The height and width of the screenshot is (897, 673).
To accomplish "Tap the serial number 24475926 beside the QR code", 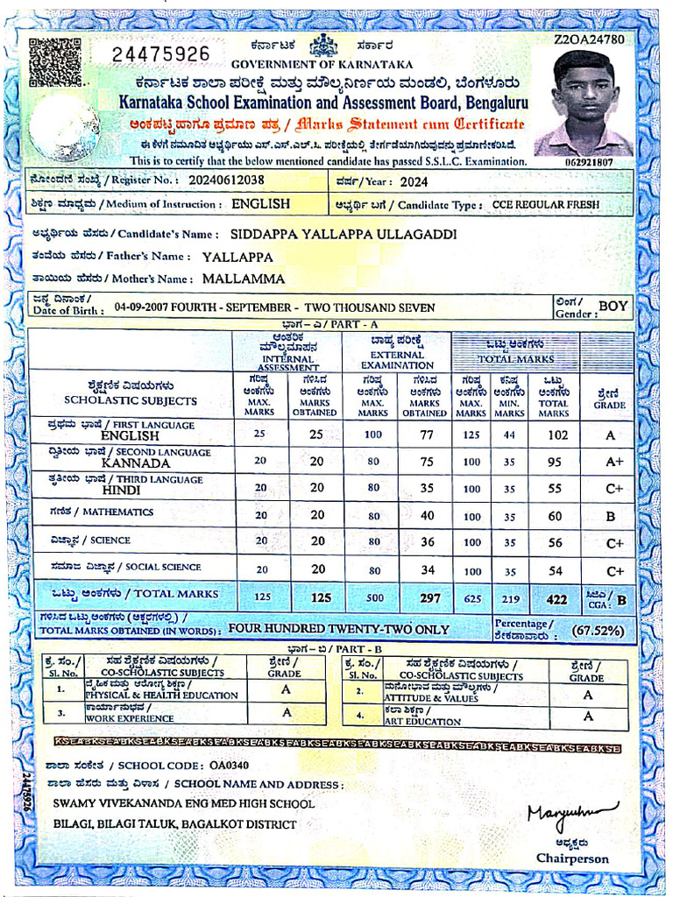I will pyautogui.click(x=161, y=54).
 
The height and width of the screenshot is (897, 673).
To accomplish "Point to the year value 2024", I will pyautogui.click(x=414, y=182).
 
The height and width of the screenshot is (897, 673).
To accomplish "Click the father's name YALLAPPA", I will pyautogui.click(x=237, y=258).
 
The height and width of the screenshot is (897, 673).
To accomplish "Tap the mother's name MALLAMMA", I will pyautogui.click(x=244, y=279).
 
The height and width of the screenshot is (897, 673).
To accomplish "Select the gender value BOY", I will pyautogui.click(x=613, y=306).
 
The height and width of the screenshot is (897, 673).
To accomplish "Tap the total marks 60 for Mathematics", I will pyautogui.click(x=555, y=516).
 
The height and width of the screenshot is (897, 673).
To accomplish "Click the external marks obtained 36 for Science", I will pyautogui.click(x=427, y=542).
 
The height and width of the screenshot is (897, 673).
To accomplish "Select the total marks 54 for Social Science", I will pyautogui.click(x=555, y=570).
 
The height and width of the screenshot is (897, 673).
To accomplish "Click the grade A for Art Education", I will pyautogui.click(x=587, y=717).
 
